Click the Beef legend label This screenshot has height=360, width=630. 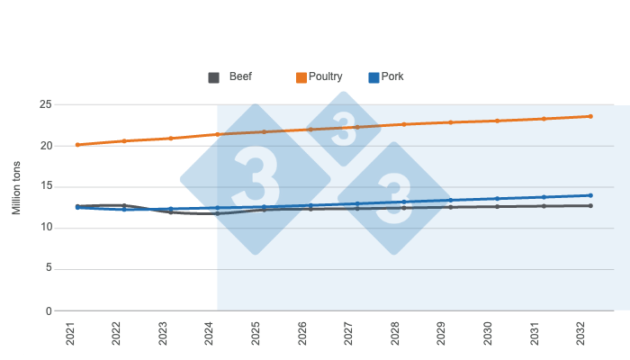[240, 76]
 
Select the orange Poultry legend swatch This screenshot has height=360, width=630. [302, 77]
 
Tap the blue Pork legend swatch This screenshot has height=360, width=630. [373, 77]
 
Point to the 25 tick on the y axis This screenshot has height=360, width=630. [45, 104]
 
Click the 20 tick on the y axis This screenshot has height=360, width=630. [45, 146]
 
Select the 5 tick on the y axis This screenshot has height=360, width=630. [48, 269]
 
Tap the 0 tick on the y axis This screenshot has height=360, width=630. [48, 310]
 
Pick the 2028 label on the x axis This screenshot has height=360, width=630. [395, 335]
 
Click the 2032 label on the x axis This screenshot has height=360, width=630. [581, 335]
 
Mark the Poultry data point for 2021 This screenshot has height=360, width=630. [77, 145]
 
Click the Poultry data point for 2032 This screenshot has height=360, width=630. [590, 116]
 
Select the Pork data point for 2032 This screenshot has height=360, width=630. [590, 195]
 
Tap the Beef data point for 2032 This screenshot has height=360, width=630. [590, 206]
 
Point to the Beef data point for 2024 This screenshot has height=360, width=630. [217, 213]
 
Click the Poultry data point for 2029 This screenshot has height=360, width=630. [450, 122]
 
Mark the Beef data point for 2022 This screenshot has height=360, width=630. [124, 205]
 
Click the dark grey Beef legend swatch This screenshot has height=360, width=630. [214, 77]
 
